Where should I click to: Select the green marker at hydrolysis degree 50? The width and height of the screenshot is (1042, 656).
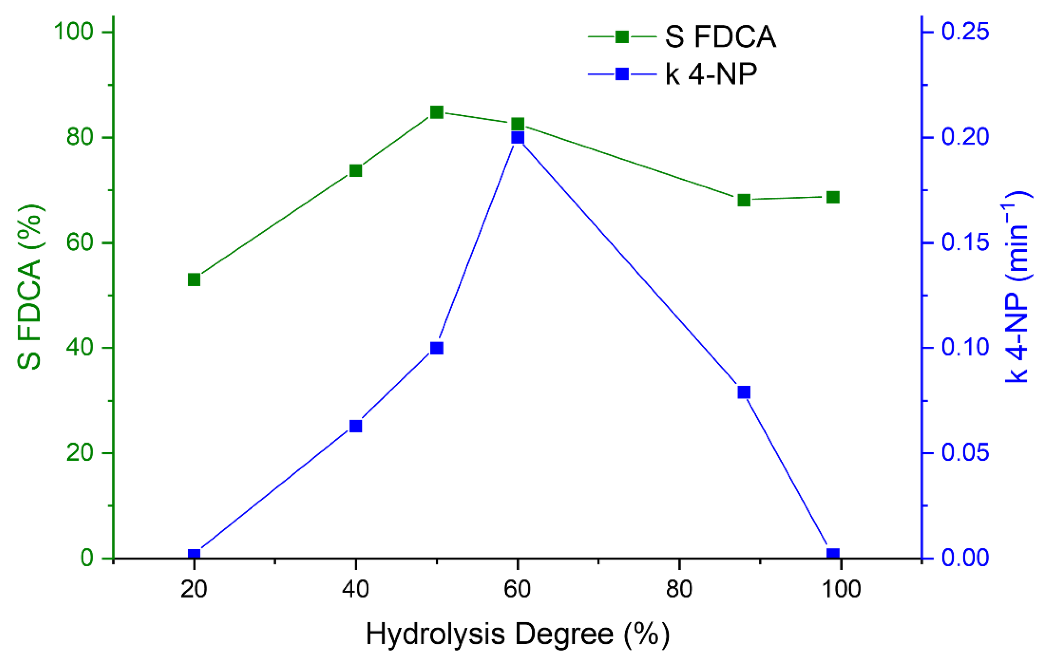click(437, 112)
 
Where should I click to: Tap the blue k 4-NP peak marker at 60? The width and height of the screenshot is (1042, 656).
click(518, 138)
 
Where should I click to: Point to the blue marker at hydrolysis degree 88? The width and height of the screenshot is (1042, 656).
click(744, 392)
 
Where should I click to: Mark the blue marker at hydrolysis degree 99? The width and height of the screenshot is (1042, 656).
click(833, 554)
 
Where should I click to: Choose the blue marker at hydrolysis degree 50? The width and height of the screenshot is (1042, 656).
click(437, 348)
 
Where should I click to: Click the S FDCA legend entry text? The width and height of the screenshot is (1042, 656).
click(720, 37)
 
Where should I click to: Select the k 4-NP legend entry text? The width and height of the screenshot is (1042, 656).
click(711, 75)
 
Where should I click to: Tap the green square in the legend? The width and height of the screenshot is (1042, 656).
click(622, 37)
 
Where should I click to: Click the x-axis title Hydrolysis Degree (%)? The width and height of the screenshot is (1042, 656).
click(518, 634)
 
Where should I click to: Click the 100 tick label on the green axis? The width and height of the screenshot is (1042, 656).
click(74, 32)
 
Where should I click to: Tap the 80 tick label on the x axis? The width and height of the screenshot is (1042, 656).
click(679, 589)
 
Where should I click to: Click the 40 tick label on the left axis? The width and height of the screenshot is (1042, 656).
click(80, 348)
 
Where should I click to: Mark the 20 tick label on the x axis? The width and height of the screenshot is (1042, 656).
click(194, 589)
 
